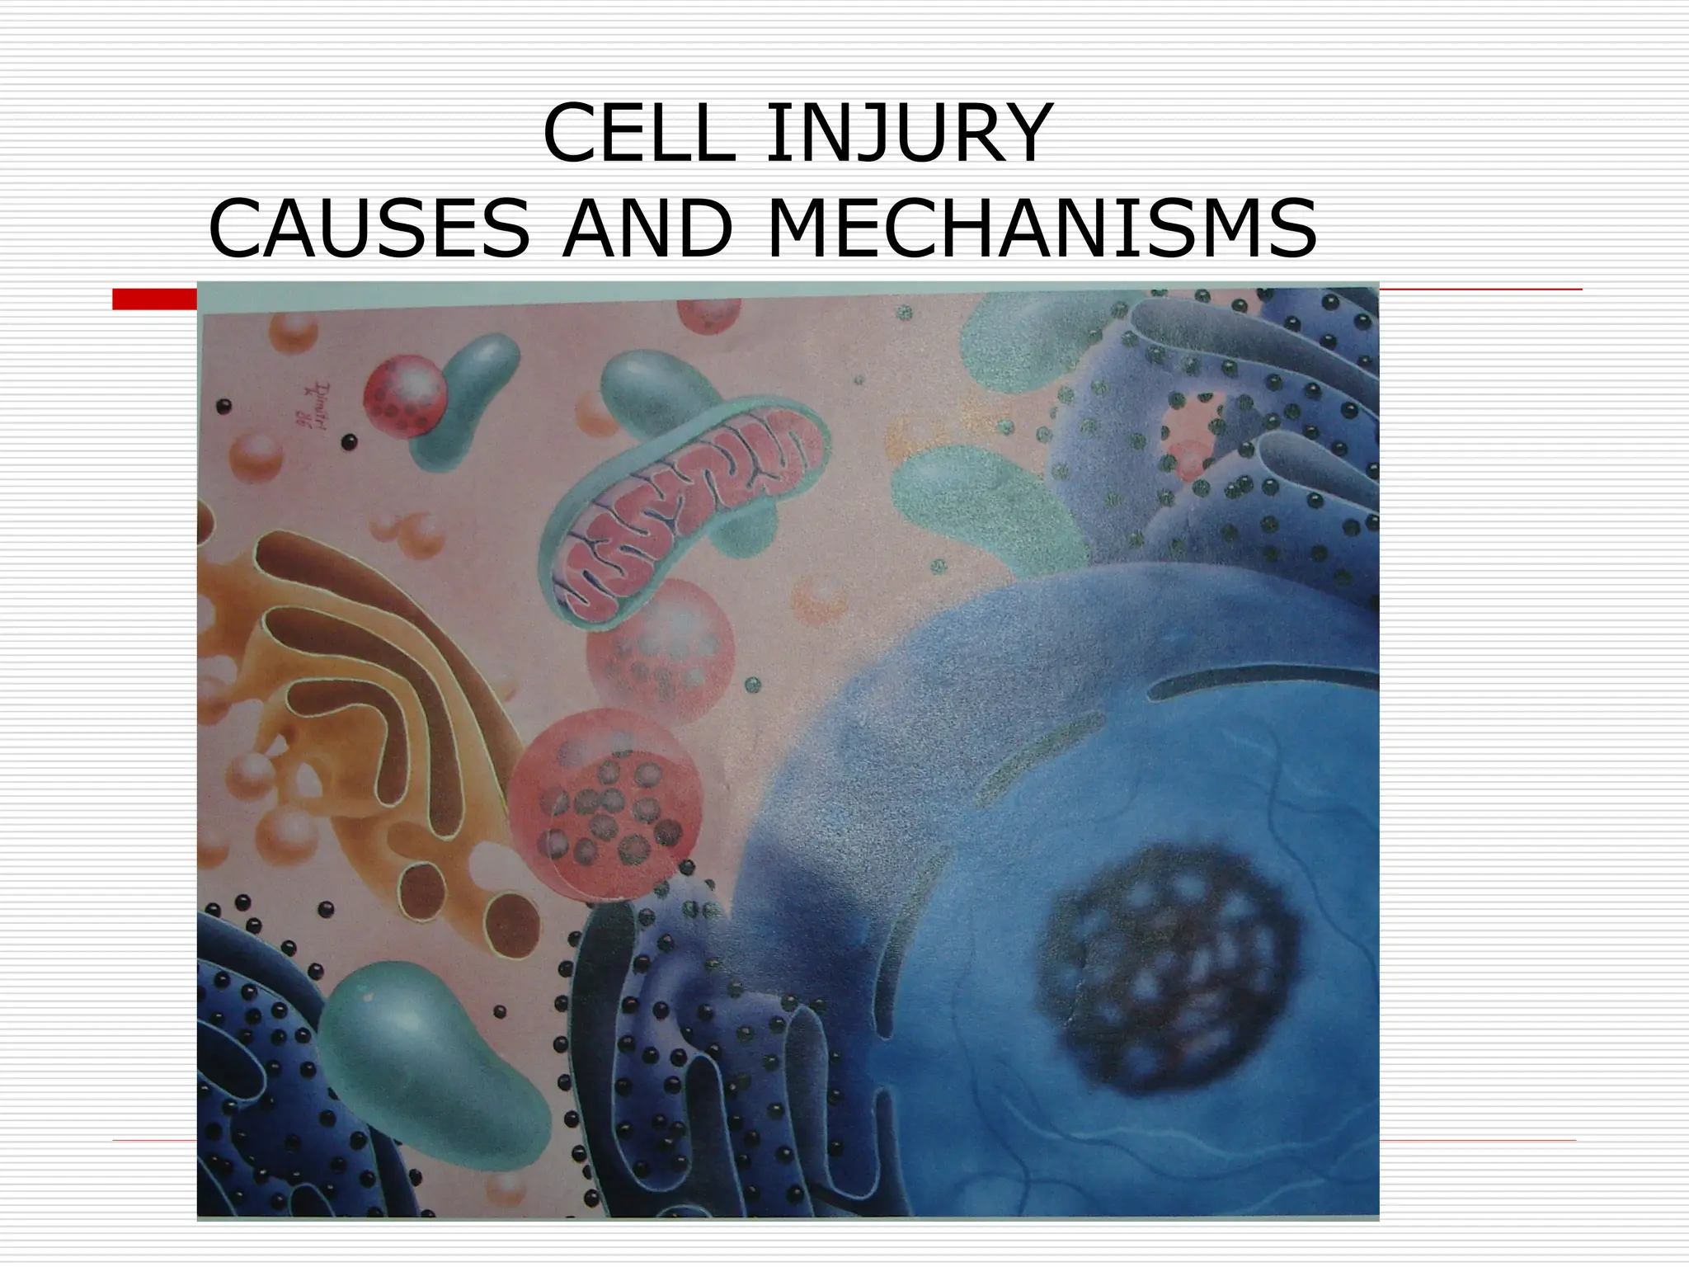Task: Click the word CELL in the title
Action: [x=637, y=134]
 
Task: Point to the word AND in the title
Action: [x=647, y=228]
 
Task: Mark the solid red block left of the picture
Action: [x=154, y=299]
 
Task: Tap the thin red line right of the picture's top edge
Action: [x=1480, y=290]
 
